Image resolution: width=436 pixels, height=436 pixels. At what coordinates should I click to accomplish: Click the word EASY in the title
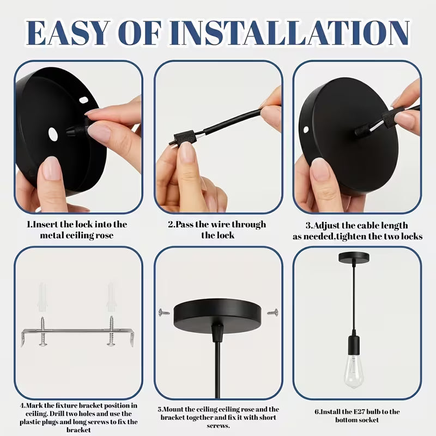[66, 33]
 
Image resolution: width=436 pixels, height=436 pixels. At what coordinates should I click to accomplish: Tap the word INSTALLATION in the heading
[289, 33]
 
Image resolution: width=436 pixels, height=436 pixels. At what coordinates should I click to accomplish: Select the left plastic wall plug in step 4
[43, 298]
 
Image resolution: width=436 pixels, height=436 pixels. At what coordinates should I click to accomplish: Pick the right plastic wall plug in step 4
[111, 298]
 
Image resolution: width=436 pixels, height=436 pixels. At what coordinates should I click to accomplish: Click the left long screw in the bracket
[43, 331]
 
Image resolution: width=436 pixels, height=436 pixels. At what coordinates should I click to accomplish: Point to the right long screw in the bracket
[111, 331]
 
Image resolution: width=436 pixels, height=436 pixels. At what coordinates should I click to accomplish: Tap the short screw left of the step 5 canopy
[164, 312]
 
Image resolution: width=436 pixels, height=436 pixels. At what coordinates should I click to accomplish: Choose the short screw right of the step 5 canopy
[273, 312]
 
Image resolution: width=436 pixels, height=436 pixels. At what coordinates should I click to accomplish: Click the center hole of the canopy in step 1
[53, 134]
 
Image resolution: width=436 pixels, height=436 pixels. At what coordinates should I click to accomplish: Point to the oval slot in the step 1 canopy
[83, 100]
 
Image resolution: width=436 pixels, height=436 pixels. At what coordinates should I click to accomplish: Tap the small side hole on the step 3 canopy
[306, 130]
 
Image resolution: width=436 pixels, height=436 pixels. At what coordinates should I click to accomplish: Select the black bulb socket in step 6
[354, 343]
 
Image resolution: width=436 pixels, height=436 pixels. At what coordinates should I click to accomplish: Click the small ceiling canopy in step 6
[354, 257]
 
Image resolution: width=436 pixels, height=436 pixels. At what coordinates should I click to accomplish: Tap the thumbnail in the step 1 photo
[52, 169]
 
